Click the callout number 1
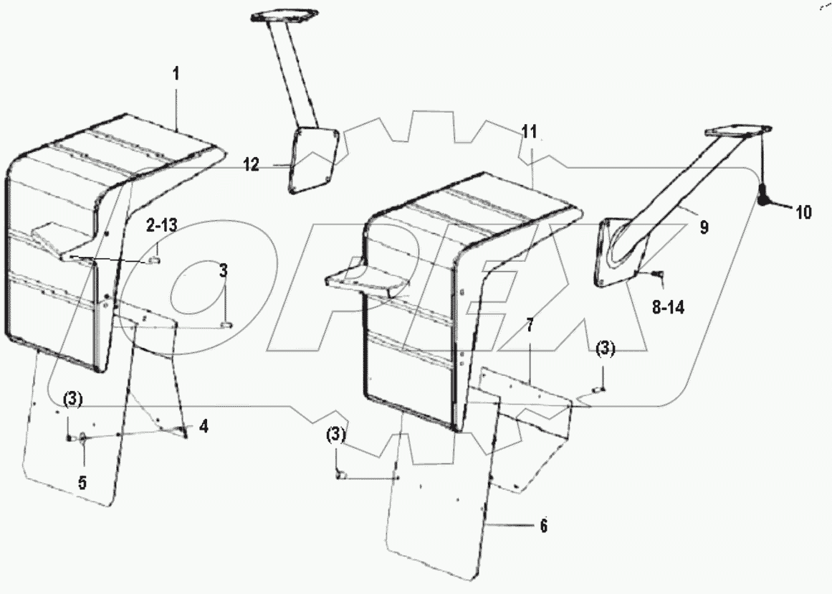click(176, 74)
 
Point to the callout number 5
click(82, 482)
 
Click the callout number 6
click(543, 526)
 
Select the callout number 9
click(704, 228)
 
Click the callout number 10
click(801, 212)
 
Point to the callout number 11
click(529, 131)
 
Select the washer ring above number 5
click(82, 437)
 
